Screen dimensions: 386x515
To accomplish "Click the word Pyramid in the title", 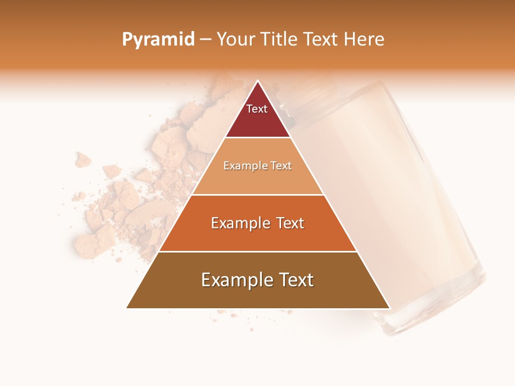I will pyautogui.click(x=158, y=39).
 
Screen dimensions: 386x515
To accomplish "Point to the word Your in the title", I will pyautogui.click(x=234, y=39).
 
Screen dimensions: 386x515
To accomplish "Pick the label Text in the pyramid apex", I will pyautogui.click(x=257, y=109).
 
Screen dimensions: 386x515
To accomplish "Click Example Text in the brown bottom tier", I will pyautogui.click(x=257, y=280).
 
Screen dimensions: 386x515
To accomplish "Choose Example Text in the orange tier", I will pyautogui.click(x=257, y=223).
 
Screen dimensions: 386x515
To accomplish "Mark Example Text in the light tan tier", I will pyautogui.click(x=257, y=166).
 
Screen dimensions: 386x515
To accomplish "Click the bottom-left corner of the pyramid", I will pyautogui.click(x=127, y=308).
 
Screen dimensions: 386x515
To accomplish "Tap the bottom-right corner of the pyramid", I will pyautogui.click(x=389, y=308).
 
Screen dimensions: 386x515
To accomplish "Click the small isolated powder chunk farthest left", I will pyautogui.click(x=83, y=159).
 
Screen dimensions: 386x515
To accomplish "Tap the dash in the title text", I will pyautogui.click(x=205, y=39).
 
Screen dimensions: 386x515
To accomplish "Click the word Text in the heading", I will pyautogui.click(x=321, y=39).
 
